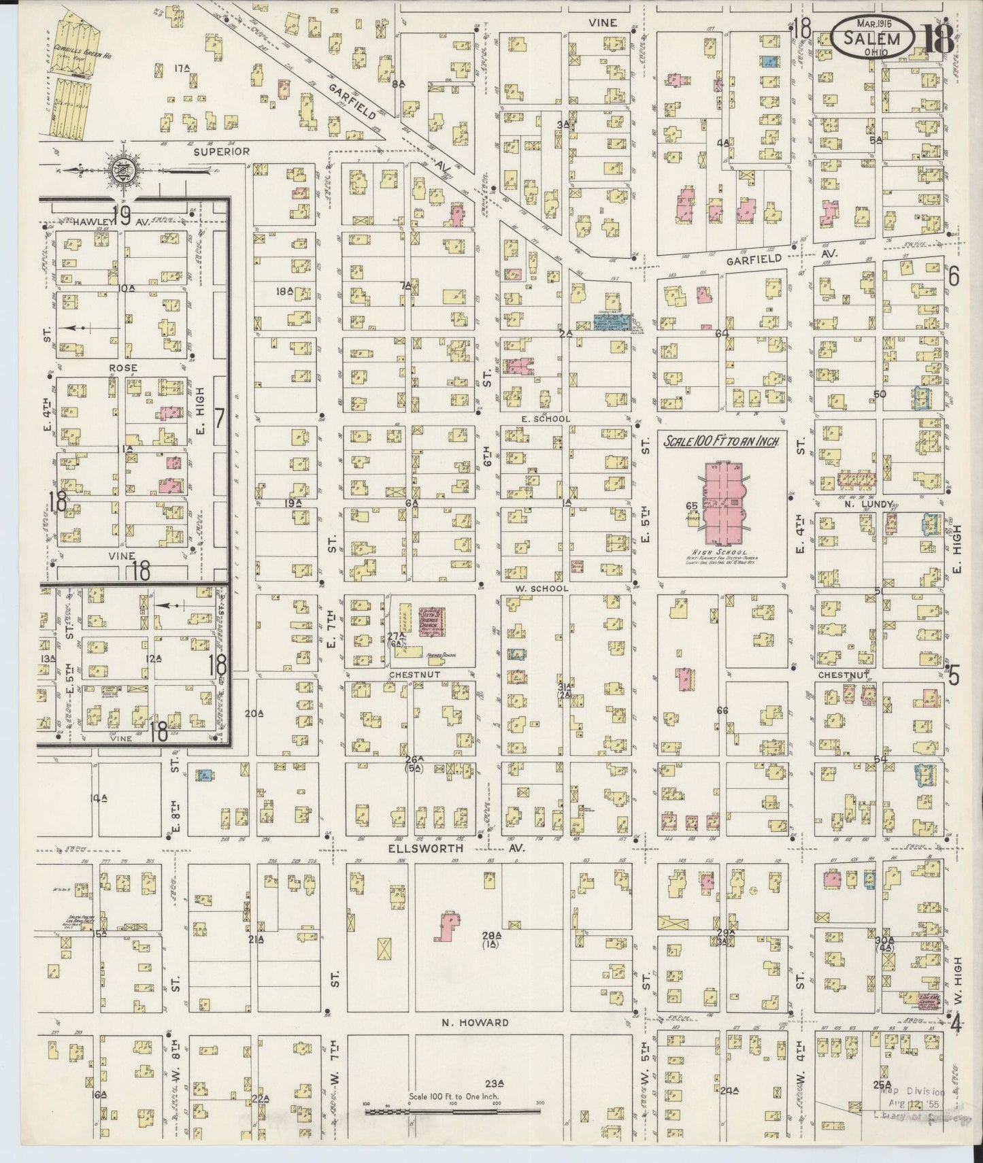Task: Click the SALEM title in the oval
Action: coord(872,38)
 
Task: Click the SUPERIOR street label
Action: coord(222,151)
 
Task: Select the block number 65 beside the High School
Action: coord(692,506)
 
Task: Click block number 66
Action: coord(722,710)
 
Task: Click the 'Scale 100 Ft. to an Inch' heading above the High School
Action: coord(720,441)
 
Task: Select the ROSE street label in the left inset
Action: coord(122,368)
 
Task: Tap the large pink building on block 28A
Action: coord(447,927)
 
